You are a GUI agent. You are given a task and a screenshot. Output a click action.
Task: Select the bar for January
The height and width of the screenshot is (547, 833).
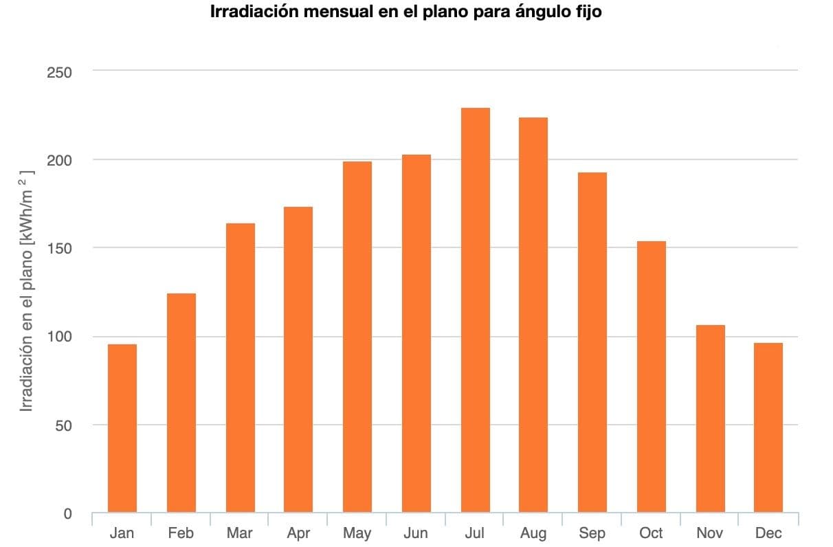[x=122, y=428]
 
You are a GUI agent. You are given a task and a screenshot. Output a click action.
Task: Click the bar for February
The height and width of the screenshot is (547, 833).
[x=181, y=403]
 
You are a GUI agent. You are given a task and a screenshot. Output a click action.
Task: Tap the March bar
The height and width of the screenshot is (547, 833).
[x=240, y=368]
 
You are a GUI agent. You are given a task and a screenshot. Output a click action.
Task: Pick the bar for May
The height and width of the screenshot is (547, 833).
[x=357, y=337]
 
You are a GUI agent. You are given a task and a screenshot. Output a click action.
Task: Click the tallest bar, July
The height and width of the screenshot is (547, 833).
[x=475, y=310]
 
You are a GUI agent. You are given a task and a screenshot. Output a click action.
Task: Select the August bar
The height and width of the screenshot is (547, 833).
[x=533, y=315]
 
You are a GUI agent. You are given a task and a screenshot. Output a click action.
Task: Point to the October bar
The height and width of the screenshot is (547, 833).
[x=651, y=377]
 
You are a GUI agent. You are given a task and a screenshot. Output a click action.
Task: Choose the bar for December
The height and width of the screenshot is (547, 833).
[x=768, y=427]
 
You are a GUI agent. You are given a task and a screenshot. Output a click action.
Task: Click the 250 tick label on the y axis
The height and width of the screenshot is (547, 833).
[x=60, y=72]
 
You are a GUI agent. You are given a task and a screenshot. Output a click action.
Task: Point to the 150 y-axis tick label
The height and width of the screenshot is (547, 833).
[x=60, y=248]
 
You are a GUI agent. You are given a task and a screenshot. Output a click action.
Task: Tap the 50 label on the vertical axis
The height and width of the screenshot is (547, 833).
[x=64, y=425]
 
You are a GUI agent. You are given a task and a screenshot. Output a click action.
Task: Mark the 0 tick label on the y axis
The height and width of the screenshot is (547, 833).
[x=67, y=514]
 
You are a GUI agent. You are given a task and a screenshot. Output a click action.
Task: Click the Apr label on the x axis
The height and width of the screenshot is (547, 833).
[x=298, y=533]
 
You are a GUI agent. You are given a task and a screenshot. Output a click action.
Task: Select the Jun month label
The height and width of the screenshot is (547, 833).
[x=415, y=533]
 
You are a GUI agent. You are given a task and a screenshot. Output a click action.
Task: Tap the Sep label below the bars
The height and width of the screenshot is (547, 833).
[x=592, y=533]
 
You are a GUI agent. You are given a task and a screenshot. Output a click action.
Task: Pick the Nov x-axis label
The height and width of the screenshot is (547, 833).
[x=709, y=533]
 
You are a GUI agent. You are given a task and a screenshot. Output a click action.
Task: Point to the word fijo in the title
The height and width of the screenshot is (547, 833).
[x=586, y=12]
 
